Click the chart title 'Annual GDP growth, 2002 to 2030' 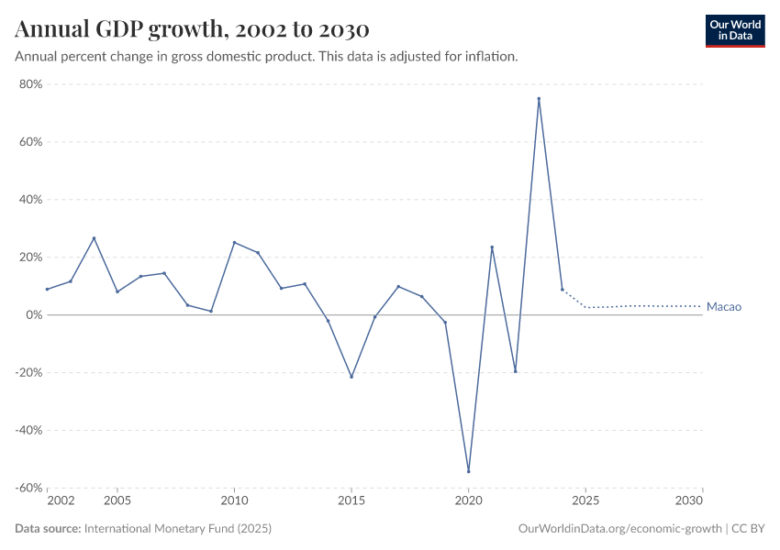(192, 29)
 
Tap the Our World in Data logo (734, 30)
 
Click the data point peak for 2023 (539, 99)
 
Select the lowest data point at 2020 (469, 471)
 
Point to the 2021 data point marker (492, 247)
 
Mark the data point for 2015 (351, 377)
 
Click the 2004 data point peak (94, 238)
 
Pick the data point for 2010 (234, 243)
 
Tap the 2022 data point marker (516, 371)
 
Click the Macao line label (723, 307)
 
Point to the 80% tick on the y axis (30, 84)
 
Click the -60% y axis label (28, 489)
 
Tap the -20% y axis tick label (28, 373)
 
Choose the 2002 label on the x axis (61, 501)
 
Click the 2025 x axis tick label (585, 501)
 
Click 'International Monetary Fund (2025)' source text (177, 529)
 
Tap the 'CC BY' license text (748, 529)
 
